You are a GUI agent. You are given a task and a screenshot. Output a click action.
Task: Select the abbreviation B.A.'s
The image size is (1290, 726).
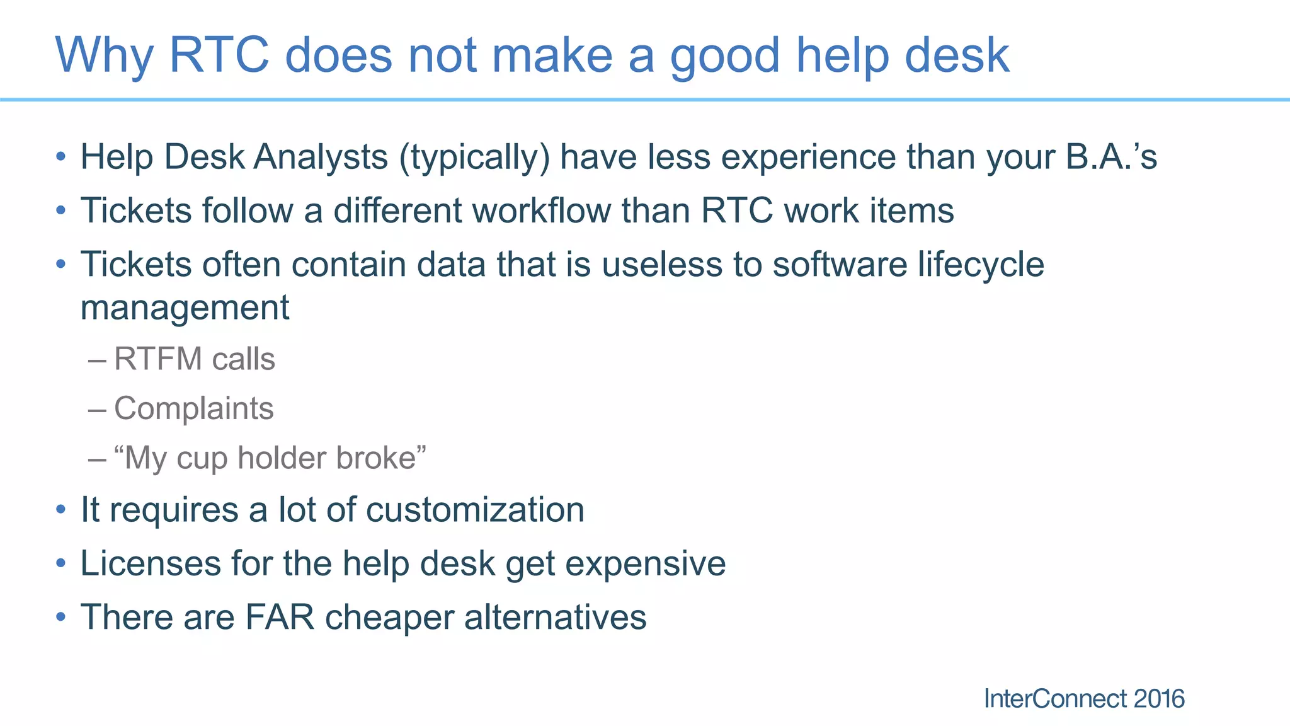click(x=1111, y=157)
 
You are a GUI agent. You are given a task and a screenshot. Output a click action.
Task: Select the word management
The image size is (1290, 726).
click(x=185, y=308)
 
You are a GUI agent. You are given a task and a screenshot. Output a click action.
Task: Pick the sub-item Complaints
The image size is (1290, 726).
click(x=193, y=408)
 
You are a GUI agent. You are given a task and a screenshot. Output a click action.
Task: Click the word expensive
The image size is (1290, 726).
click(x=645, y=563)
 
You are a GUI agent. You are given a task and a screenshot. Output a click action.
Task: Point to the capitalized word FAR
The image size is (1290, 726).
click(x=279, y=617)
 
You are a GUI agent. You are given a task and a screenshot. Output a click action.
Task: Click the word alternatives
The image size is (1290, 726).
click(x=555, y=617)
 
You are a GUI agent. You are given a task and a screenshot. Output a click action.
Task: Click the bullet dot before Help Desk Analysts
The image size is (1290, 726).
click(x=60, y=157)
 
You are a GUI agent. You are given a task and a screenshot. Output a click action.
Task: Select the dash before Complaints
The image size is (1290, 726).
click(x=97, y=410)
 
